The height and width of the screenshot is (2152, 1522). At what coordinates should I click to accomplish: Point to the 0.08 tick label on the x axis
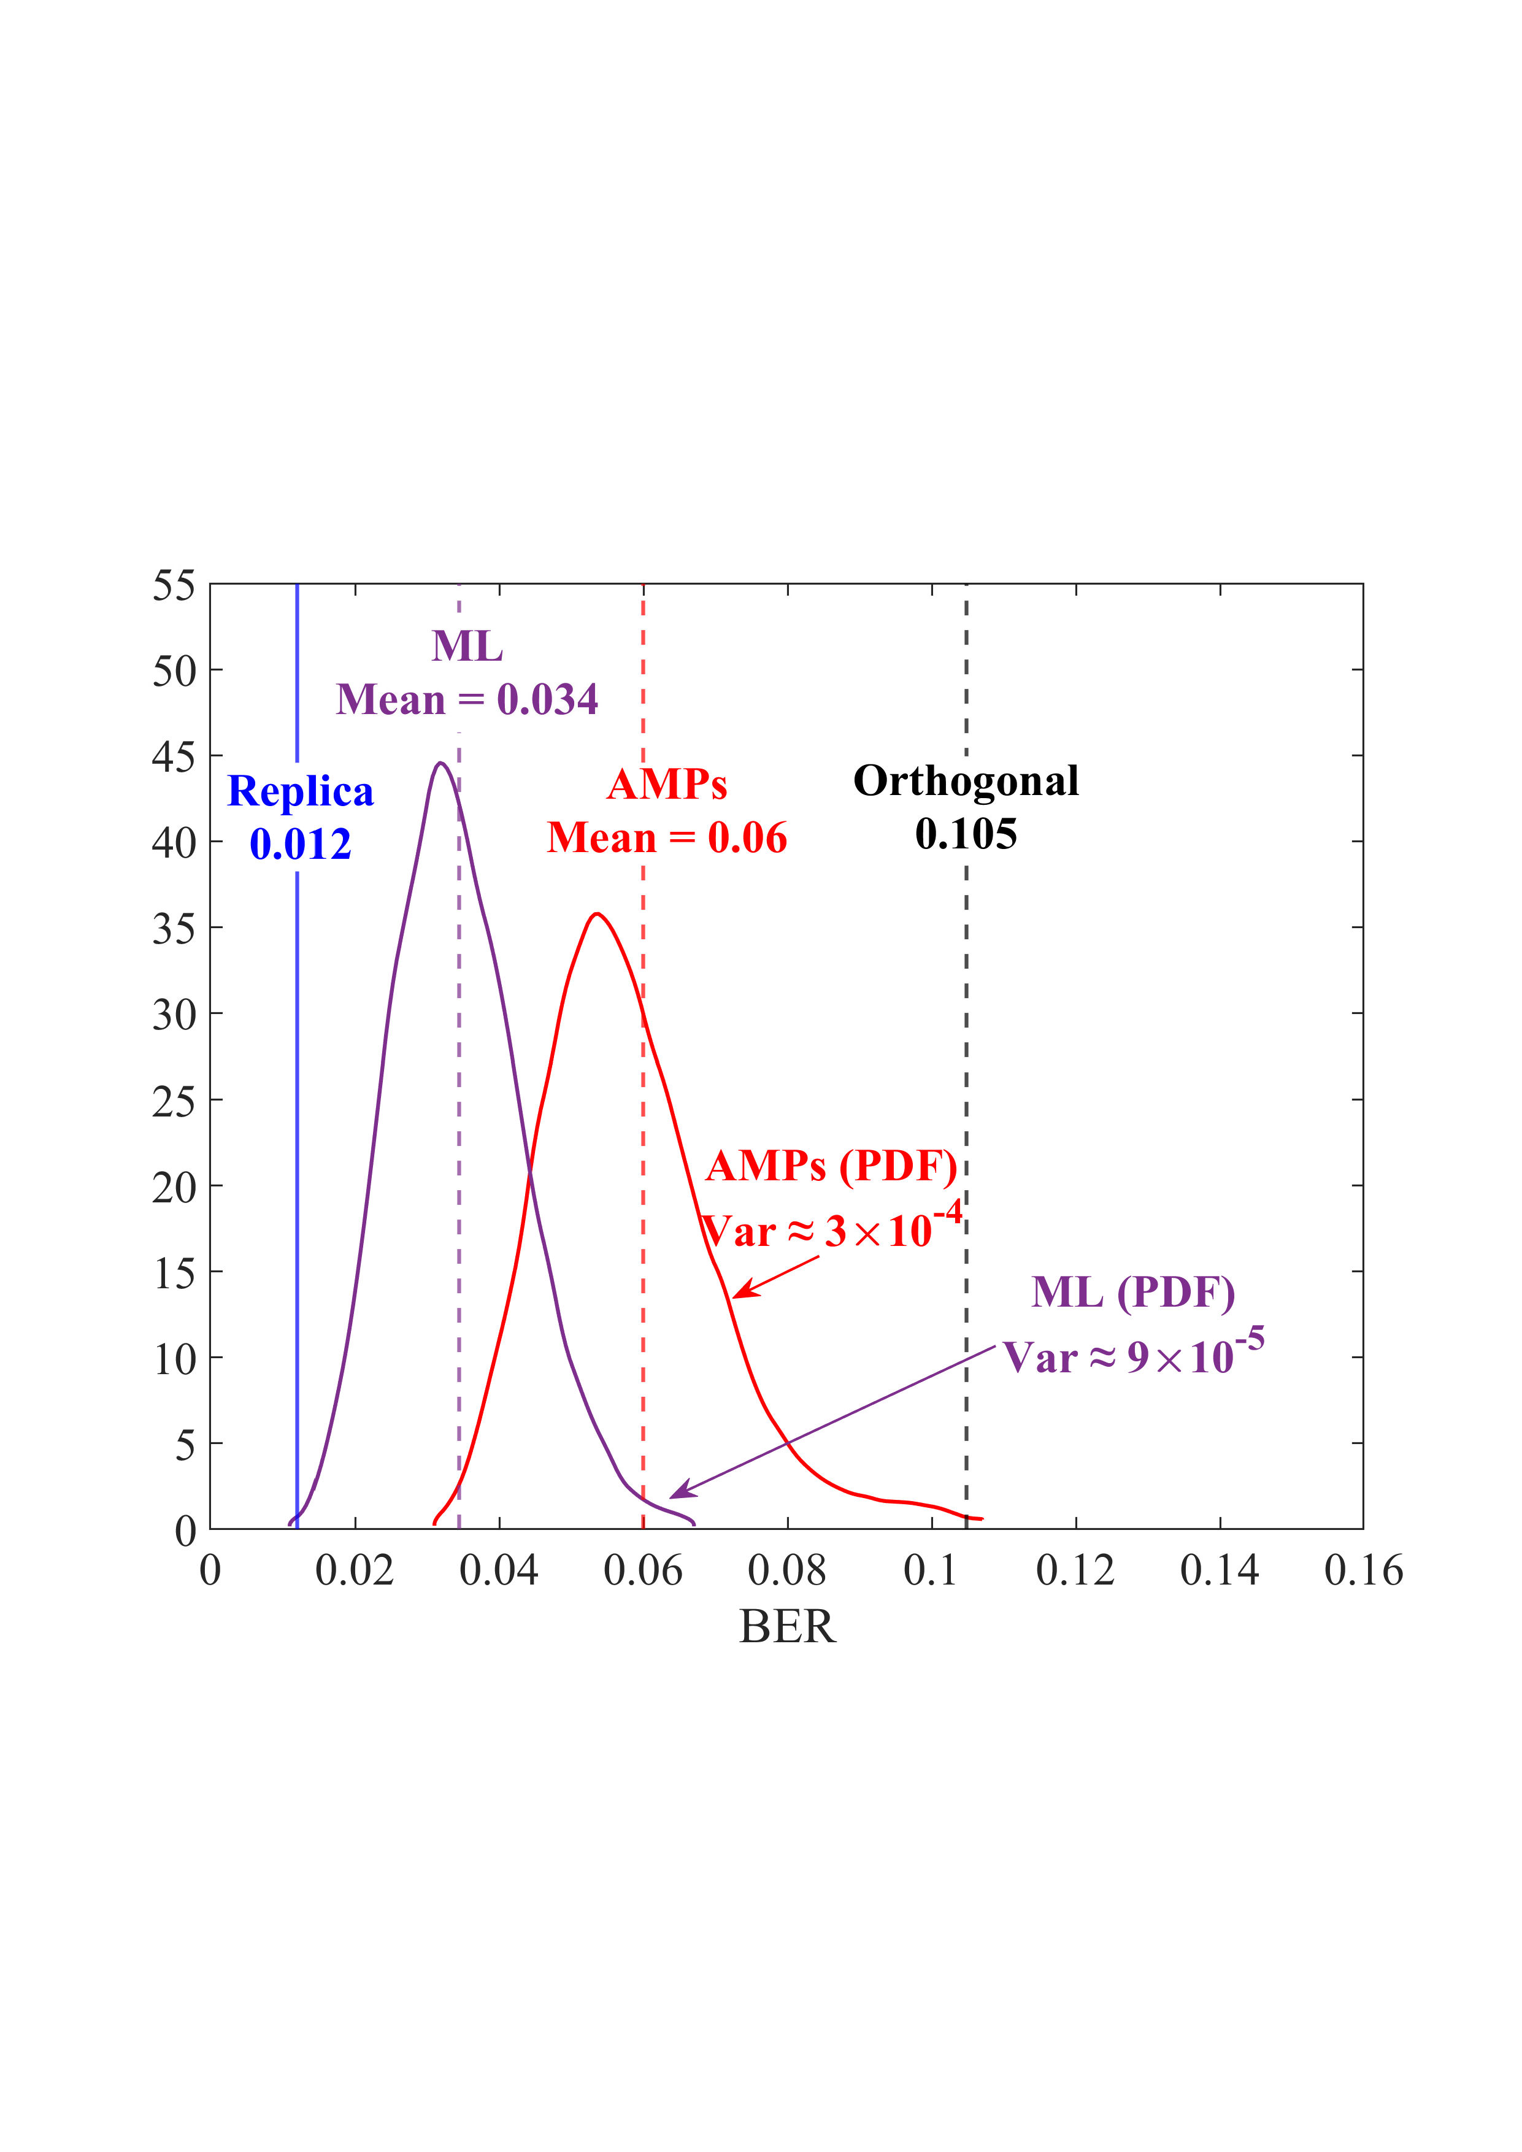coord(786,1571)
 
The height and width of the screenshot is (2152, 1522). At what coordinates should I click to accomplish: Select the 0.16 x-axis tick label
coord(1364,1571)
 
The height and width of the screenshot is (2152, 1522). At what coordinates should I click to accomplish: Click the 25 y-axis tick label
coord(174,1101)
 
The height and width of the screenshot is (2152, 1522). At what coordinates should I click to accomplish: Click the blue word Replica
coord(300,792)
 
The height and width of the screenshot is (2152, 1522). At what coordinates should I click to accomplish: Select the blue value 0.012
coord(300,845)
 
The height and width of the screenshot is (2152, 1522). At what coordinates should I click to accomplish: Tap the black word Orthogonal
coord(966,781)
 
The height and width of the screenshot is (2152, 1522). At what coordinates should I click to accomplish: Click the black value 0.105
coord(966,834)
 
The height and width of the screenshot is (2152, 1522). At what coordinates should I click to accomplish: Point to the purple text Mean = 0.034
coord(467,700)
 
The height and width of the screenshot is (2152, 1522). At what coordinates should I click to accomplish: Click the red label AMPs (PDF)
coord(831,1167)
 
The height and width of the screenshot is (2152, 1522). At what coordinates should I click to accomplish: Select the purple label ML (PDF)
coord(1133,1293)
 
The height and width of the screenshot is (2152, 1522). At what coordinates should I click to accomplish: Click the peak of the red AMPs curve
coord(597,914)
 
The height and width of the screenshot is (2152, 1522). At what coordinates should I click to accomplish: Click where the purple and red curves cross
coord(529,1172)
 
